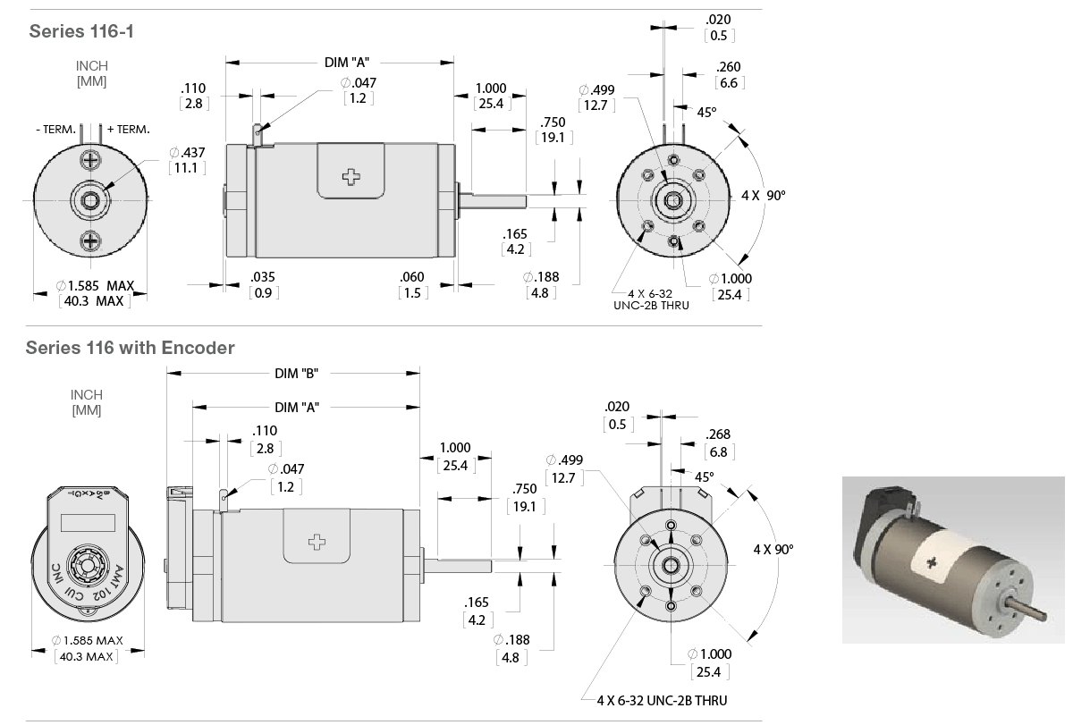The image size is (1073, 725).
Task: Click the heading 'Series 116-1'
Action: tap(81, 31)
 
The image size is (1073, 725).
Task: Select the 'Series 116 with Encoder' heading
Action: tap(130, 348)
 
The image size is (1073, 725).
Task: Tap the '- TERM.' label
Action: tap(55, 130)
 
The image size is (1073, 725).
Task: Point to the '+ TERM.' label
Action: tap(128, 130)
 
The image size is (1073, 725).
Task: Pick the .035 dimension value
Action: tap(263, 277)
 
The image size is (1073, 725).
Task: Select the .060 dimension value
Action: tap(411, 277)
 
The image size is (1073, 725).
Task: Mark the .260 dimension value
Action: tap(729, 67)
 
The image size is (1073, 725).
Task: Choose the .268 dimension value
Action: tap(719, 434)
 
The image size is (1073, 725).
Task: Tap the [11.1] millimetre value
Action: tap(188, 168)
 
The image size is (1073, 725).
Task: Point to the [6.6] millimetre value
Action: tap(729, 82)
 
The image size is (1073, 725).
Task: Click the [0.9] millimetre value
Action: tap(263, 292)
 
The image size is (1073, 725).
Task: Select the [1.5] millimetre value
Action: tap(411, 292)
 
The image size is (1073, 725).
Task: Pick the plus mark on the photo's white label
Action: tap(934, 562)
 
